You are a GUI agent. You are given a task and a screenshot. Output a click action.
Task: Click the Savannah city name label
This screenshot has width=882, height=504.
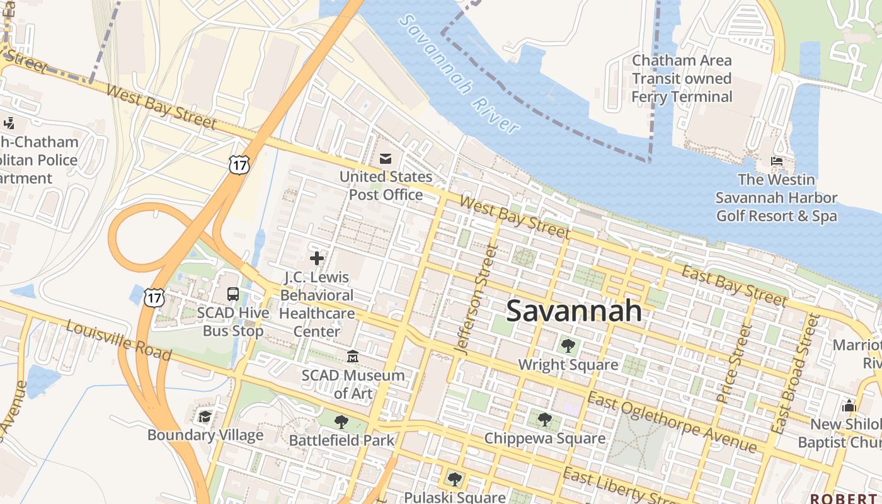pyautogui.click(x=574, y=311)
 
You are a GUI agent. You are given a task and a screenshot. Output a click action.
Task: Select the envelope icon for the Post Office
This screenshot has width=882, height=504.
pyautogui.click(x=385, y=158)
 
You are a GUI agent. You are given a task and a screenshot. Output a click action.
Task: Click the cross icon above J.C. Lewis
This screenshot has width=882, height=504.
pyautogui.click(x=317, y=258)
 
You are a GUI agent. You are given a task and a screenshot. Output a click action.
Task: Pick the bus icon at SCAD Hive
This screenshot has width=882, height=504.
pyautogui.click(x=232, y=294)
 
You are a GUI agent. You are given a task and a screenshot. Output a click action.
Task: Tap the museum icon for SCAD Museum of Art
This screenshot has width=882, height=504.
pyautogui.click(x=353, y=357)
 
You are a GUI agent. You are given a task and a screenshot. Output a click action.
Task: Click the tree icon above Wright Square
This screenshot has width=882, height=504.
pyautogui.click(x=568, y=345)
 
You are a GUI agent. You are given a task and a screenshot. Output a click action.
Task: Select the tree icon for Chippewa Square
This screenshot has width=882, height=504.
pyautogui.click(x=544, y=419)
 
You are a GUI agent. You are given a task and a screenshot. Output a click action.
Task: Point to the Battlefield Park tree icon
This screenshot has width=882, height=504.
pyautogui.click(x=341, y=421)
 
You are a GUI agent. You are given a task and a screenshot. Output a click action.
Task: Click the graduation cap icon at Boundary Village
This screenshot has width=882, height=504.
pyautogui.click(x=205, y=416)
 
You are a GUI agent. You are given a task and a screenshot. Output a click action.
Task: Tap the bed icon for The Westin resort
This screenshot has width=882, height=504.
pyautogui.click(x=776, y=161)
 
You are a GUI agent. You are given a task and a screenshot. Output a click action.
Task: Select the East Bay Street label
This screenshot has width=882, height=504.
pyautogui.click(x=735, y=285)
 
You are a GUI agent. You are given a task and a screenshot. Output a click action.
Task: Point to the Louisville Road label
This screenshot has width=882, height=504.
pyautogui.click(x=118, y=341)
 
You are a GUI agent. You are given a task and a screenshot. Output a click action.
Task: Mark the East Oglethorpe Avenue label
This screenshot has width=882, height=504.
pyautogui.click(x=672, y=421)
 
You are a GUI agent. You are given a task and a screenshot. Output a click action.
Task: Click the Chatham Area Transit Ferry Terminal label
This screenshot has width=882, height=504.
pyautogui.click(x=682, y=79)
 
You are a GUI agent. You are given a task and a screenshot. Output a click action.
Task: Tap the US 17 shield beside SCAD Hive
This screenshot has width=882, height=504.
pyautogui.click(x=154, y=297)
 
